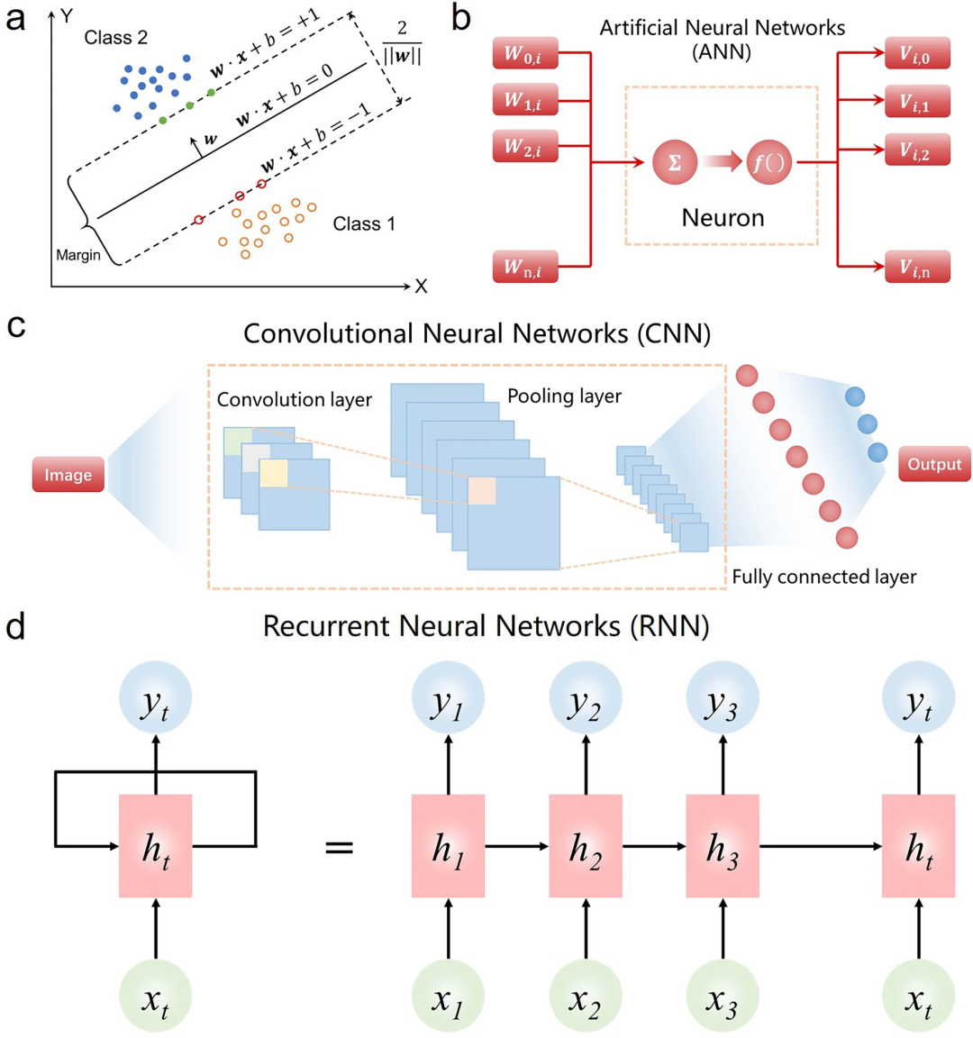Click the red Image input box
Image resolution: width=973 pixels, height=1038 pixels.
point(68,475)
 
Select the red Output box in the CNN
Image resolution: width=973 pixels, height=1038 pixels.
point(934,465)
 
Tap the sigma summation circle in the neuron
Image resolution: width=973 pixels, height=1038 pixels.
point(674,163)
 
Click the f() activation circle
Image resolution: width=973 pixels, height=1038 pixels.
point(768,163)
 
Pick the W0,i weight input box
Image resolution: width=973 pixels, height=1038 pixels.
point(525,54)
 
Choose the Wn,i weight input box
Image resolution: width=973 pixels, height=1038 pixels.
point(525,268)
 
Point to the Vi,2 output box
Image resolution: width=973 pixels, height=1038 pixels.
point(917,150)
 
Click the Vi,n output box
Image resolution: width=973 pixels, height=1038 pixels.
point(917,268)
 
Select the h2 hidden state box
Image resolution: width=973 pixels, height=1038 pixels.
point(586,846)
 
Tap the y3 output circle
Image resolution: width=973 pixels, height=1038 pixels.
point(723,698)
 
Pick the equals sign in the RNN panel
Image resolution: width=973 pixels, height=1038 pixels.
point(339,847)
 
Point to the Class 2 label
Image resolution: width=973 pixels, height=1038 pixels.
point(115,38)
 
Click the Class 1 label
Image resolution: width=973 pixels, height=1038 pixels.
point(364,223)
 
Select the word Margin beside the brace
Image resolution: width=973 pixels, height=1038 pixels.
point(78,256)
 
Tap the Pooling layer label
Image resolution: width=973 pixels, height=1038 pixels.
point(564,396)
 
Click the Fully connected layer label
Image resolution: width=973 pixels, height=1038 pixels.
point(823,578)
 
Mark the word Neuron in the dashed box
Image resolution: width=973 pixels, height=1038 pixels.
point(723,218)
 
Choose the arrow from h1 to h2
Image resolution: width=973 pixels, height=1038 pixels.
point(517,846)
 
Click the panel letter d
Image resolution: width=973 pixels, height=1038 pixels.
point(15,626)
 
